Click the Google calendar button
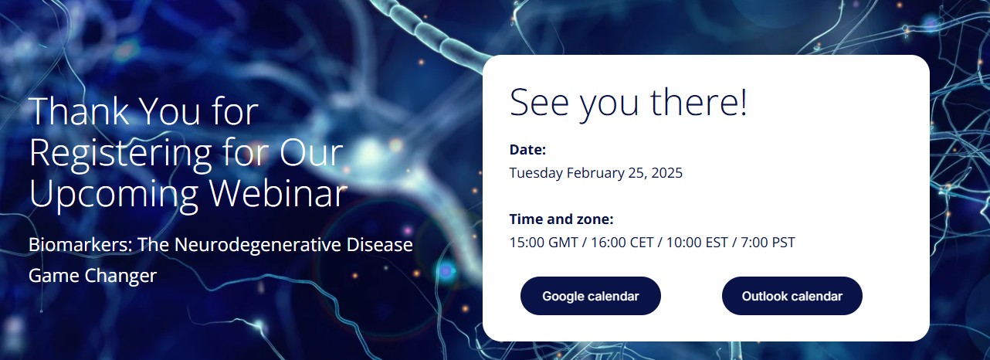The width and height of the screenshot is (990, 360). tap(591, 296)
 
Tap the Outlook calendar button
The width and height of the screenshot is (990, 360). tap(792, 296)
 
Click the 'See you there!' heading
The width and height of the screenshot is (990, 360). tap(628, 103)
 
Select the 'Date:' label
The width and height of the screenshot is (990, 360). tap(527, 149)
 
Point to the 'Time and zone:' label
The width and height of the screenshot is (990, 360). tap(561, 219)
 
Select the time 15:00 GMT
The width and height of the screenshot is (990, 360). tap(544, 243)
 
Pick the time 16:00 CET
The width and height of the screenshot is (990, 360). tap(622, 243)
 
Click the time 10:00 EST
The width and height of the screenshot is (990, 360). tap(697, 243)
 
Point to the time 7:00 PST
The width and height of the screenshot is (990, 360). tap(768, 243)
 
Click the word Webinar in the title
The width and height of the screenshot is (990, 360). tap(278, 193)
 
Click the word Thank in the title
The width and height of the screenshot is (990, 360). tap(80, 111)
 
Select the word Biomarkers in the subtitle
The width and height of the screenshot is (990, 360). tap(80, 245)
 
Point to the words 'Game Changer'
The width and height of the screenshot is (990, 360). tap(93, 276)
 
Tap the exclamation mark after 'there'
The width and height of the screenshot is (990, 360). tap(744, 102)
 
